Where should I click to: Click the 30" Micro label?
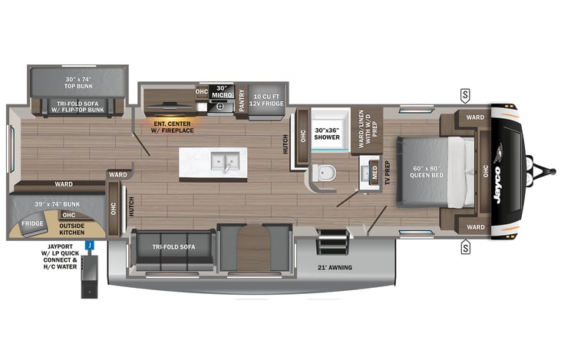tap(223, 91)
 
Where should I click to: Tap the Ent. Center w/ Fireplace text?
tap(173, 126)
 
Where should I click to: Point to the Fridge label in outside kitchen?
tap(32, 223)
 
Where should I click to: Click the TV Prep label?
tap(388, 173)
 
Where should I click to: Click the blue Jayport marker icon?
tap(89, 246)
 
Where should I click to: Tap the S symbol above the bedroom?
tap(465, 95)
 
